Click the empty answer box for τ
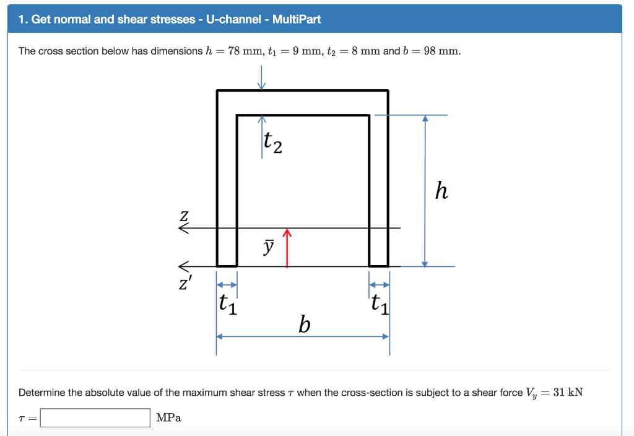(x=95, y=418)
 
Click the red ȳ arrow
(x=287, y=248)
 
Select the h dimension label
(x=441, y=190)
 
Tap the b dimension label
(x=304, y=324)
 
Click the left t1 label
(x=228, y=304)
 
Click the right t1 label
(x=380, y=304)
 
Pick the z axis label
(x=184, y=216)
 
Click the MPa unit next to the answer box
(x=169, y=418)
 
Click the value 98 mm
(x=441, y=51)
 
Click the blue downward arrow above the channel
(x=262, y=78)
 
